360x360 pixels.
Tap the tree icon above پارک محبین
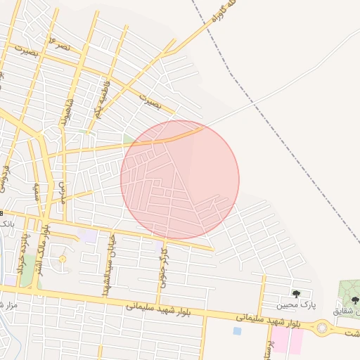point(296,293)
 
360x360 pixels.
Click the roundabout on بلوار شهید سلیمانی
point(323,327)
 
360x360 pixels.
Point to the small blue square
point(237,330)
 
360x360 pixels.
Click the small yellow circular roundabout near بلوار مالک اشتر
point(62,259)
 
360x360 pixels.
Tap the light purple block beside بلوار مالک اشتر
point(88,236)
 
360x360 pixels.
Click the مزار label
point(6,304)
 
